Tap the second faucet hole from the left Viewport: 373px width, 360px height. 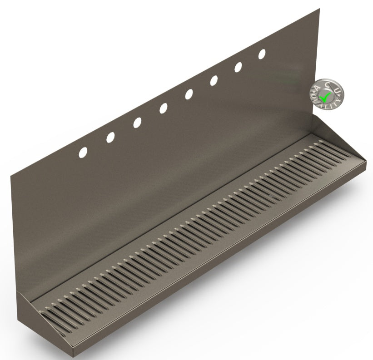pyautogui.click(x=110, y=137)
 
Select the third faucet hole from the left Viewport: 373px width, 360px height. pyautogui.click(x=137, y=123)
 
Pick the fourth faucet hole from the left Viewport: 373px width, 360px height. pyautogui.click(x=163, y=108)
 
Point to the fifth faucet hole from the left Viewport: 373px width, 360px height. pyautogui.click(x=189, y=94)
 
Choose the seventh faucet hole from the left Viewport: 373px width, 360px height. pyautogui.click(x=239, y=67)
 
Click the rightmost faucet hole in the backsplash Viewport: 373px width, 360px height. pyautogui.click(x=262, y=54)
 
